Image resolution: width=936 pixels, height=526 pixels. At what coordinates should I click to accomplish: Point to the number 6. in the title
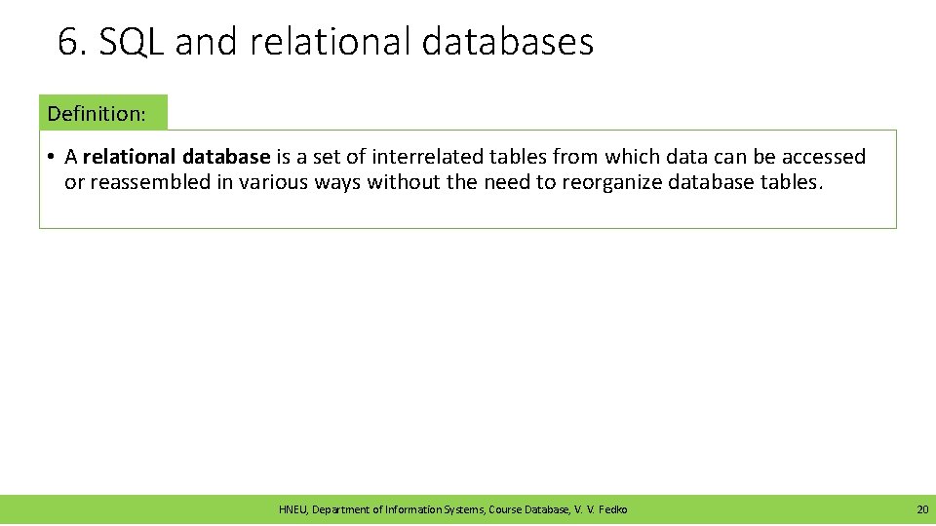[71, 43]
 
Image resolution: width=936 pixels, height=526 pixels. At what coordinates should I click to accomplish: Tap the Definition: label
[97, 113]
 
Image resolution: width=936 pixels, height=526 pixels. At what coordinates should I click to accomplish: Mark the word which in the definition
[633, 157]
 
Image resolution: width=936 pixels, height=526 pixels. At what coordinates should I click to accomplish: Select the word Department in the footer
[342, 509]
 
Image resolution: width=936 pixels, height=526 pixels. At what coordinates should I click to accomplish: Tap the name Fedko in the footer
[612, 509]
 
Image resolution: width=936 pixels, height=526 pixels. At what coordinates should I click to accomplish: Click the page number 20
[921, 509]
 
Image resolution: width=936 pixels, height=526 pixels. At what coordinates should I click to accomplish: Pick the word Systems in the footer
[463, 509]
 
